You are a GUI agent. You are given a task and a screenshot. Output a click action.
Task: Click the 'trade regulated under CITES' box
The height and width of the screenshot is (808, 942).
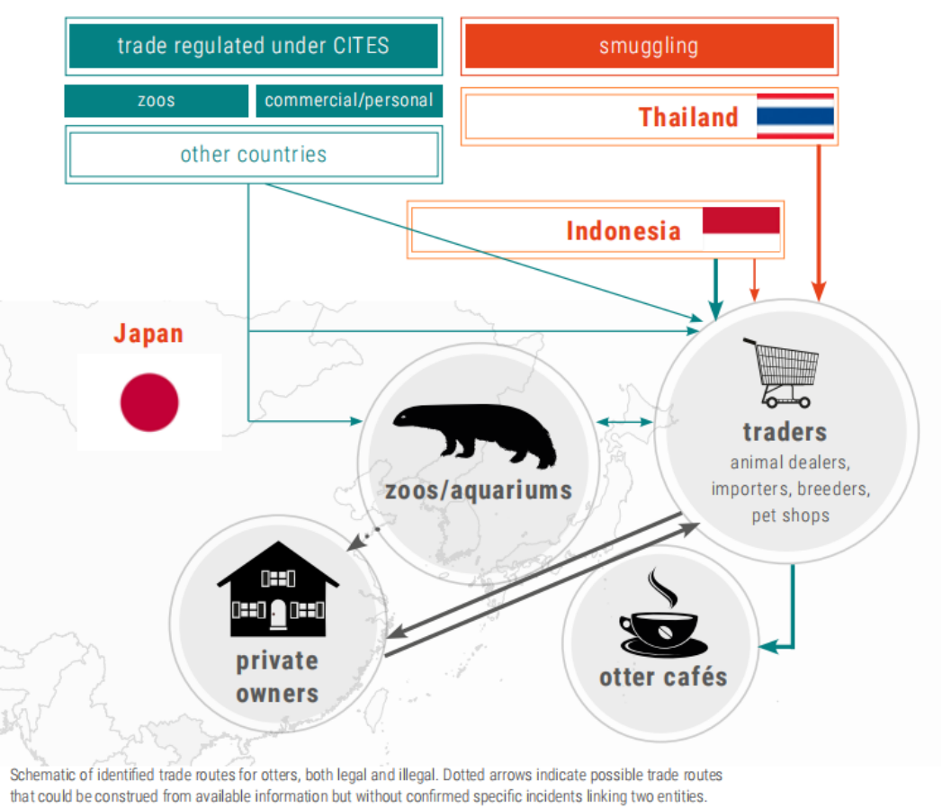coord(254,46)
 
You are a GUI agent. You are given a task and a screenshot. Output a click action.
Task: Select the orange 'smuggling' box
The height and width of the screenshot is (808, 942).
coord(650,46)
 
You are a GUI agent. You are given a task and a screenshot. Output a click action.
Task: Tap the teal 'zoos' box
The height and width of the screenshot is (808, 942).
coord(157,100)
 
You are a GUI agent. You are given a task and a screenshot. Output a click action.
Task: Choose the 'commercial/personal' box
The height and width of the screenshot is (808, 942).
coord(349,100)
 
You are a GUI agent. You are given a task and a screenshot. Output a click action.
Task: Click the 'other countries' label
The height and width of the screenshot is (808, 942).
coord(254,155)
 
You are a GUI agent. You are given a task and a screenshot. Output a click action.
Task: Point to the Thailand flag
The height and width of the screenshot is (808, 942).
coord(795,117)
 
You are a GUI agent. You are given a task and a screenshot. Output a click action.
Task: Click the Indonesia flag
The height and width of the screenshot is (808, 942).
coord(741,229)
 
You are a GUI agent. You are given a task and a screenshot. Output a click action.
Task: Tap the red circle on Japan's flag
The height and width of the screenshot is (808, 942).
coord(149,402)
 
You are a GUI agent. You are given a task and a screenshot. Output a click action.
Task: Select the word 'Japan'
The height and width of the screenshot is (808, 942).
coord(148,334)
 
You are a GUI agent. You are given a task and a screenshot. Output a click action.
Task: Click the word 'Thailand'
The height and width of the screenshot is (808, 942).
coord(688,117)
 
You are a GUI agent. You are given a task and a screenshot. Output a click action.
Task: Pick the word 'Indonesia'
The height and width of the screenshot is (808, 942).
coord(624,231)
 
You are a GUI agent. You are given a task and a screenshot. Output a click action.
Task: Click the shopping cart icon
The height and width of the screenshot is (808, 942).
coord(781,373)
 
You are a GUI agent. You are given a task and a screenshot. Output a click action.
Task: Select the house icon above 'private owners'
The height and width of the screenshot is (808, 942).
coord(278,588)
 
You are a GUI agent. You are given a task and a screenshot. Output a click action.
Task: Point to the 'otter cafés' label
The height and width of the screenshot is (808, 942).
coord(663,677)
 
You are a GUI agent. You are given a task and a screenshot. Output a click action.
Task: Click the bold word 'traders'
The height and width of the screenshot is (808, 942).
coord(785,432)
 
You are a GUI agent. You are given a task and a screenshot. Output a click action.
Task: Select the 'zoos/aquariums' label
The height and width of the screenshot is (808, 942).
coord(479,490)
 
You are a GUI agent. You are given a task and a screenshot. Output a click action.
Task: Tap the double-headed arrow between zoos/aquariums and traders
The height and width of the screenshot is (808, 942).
coord(624,422)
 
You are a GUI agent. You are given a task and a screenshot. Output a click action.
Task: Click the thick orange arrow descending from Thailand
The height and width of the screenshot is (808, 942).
coord(819,223)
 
